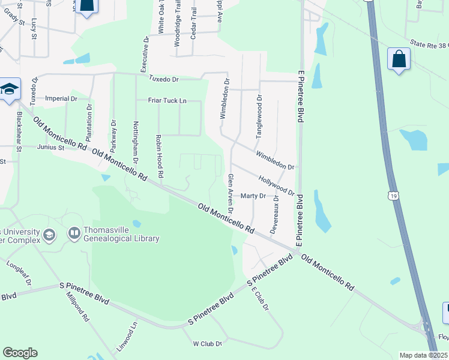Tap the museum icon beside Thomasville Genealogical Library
(74, 233)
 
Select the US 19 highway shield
(392, 195)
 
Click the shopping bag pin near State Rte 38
(398, 59)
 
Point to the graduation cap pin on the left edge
(10, 90)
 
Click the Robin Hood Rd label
(160, 156)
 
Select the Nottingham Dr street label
(135, 143)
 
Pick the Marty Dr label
(253, 196)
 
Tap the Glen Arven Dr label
(230, 194)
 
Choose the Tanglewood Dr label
(259, 116)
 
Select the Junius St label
(50, 147)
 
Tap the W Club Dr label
(208, 344)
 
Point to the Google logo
(20, 353)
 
